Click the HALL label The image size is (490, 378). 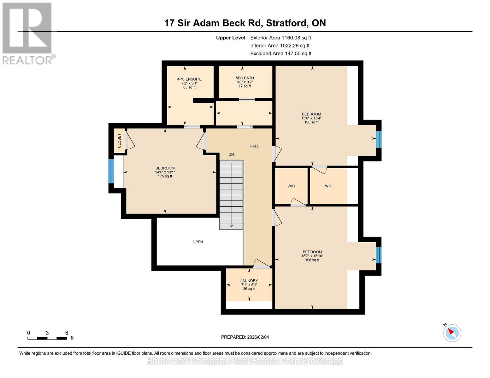(254, 146)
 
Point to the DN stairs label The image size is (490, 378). (231, 154)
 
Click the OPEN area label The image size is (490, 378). (198, 242)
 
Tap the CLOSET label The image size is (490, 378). (119, 141)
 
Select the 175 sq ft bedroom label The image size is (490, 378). (165, 172)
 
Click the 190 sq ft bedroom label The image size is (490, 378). (311, 118)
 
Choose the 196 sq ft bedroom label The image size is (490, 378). (312, 256)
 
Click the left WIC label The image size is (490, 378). (291, 186)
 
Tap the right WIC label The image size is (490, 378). (329, 186)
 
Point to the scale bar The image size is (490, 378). (47, 338)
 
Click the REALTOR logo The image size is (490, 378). (27, 33)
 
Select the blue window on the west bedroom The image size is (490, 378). (111, 171)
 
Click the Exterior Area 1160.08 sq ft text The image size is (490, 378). (280, 38)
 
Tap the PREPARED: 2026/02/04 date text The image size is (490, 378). (245, 337)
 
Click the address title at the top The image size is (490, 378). (245, 23)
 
